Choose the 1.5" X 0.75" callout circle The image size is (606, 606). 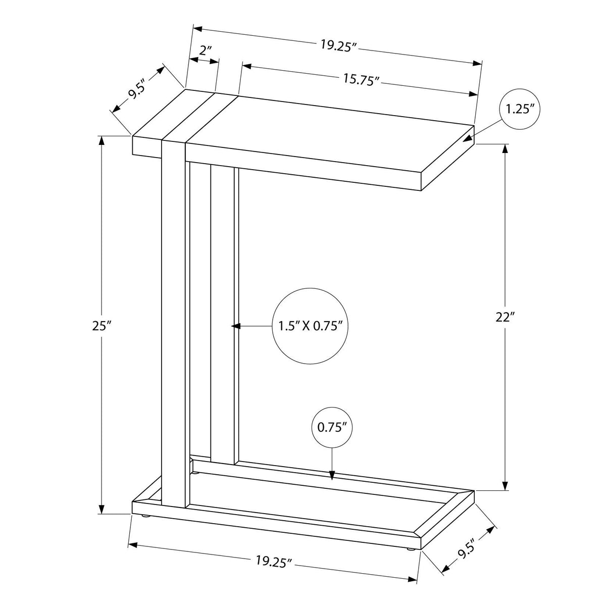pyautogui.click(x=311, y=326)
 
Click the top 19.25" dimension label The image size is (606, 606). pyautogui.click(x=339, y=44)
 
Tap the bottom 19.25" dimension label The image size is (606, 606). pyautogui.click(x=274, y=560)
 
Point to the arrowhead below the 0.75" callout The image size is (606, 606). pyautogui.click(x=332, y=475)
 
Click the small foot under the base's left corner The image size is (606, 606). pyautogui.click(x=145, y=516)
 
